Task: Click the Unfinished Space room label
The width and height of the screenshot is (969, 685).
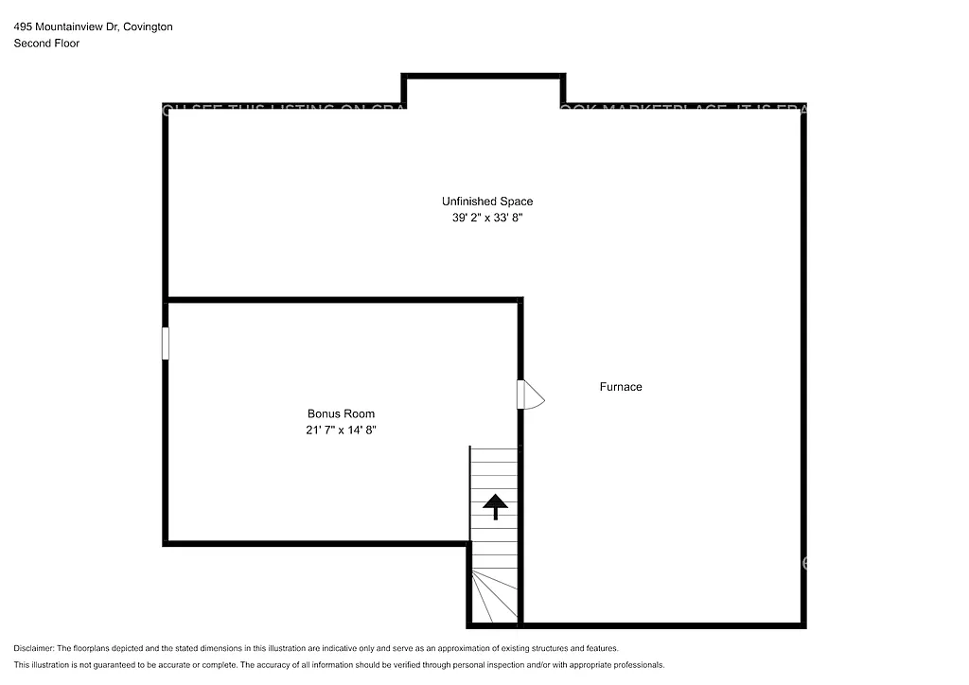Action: [486, 202]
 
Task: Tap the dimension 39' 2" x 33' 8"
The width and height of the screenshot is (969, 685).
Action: [486, 218]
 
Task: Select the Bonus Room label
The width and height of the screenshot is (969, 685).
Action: [341, 413]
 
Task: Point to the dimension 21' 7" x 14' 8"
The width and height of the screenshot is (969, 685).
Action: [341, 430]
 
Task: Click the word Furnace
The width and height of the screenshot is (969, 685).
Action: [621, 387]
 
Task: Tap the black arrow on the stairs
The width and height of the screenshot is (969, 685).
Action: [494, 506]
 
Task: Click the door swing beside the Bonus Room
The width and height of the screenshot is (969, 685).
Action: [533, 395]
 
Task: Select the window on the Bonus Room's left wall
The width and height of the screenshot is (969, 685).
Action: [166, 343]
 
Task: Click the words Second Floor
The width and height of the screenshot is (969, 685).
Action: [46, 44]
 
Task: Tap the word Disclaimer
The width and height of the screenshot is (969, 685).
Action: [33, 648]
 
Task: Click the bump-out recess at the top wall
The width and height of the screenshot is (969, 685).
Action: [484, 91]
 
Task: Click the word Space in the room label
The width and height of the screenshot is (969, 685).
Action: [517, 202]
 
